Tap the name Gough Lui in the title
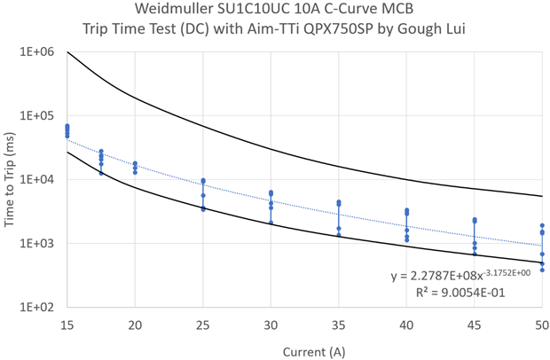448,29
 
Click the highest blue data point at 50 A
542,225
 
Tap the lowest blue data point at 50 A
542,270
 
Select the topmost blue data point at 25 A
203,180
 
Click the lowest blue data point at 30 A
271,223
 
